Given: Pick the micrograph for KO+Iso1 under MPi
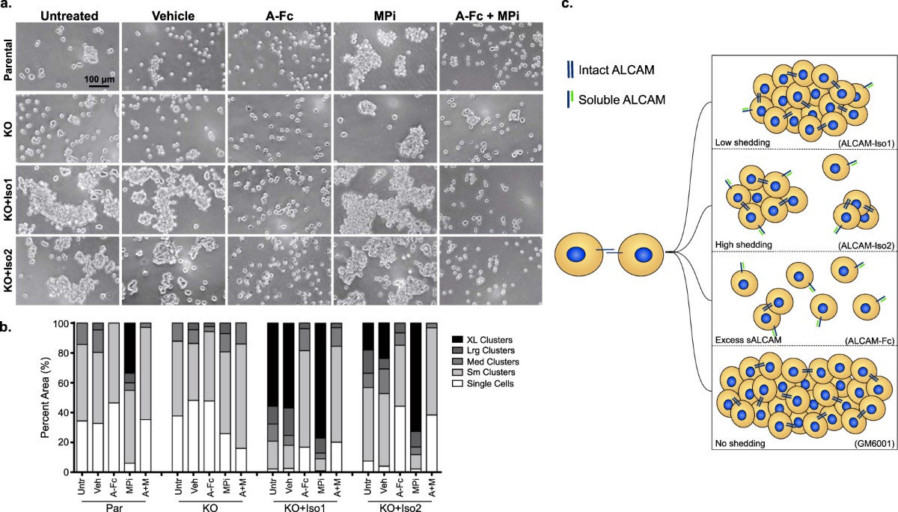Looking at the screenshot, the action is click(385, 200).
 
